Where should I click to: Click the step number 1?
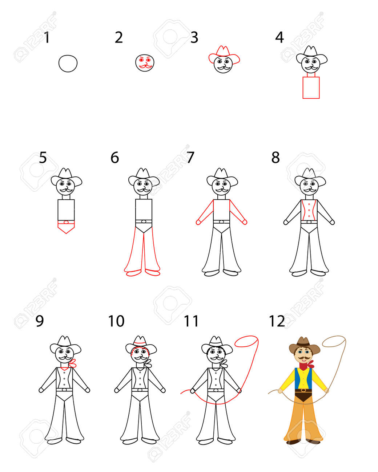coord(47,37)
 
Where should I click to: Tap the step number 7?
coord(190,157)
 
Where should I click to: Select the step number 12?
coord(277,321)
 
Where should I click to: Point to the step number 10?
coord(116,321)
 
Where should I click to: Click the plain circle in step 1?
coord(68,64)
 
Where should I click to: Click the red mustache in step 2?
coord(145,66)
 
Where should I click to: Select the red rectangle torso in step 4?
coord(311,88)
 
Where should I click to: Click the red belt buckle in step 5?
coord(66,222)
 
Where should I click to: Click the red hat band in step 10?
coord(140,343)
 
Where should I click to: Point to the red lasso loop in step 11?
coord(246,341)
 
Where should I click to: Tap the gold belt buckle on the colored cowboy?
coord(303,390)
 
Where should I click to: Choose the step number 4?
coord(280,37)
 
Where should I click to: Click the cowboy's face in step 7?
coord(221,186)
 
